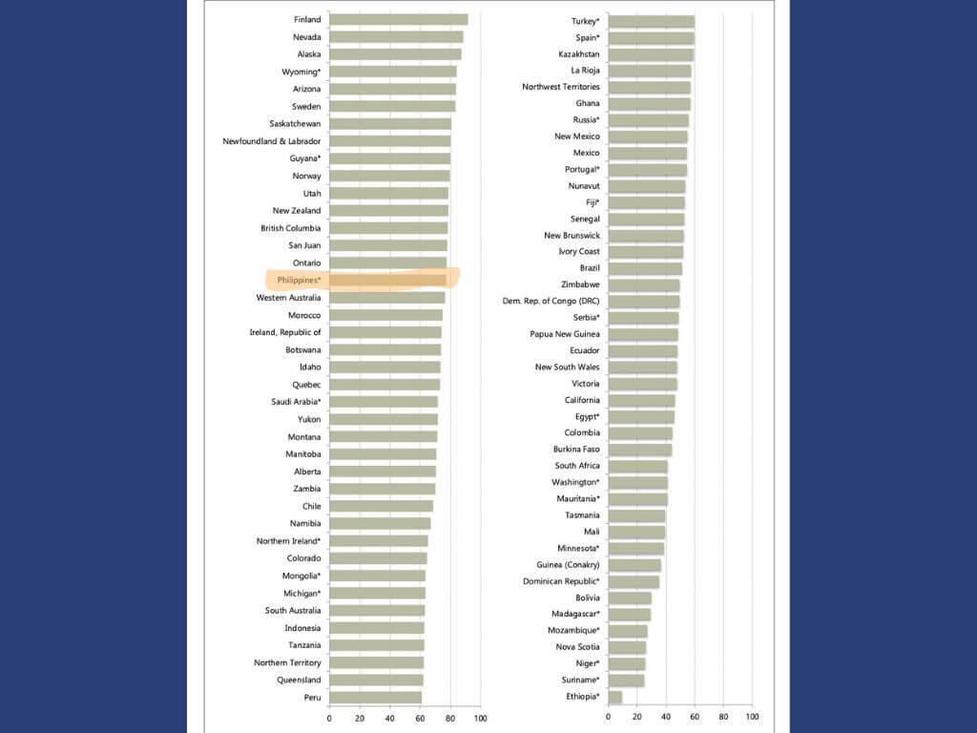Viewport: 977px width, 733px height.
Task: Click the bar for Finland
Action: click(x=398, y=20)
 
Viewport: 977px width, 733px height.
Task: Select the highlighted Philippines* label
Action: click(x=299, y=280)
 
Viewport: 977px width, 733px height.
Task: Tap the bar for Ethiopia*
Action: click(x=614, y=697)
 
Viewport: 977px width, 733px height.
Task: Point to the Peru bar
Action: click(x=375, y=698)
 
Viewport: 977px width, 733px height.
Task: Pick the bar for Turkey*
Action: click(x=651, y=21)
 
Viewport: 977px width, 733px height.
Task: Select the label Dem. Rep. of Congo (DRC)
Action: click(x=551, y=301)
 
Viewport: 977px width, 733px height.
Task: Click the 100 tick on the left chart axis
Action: click(x=480, y=719)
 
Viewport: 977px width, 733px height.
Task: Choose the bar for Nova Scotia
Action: click(x=627, y=647)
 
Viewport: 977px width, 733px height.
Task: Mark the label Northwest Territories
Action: click(x=560, y=87)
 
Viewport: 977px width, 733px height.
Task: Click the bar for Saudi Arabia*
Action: click(x=383, y=402)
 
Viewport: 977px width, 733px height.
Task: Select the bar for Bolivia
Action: click(x=630, y=597)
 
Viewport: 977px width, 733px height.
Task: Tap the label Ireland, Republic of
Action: click(x=284, y=332)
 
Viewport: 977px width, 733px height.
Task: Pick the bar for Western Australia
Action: click(x=386, y=298)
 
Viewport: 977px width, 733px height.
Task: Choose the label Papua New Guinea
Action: click(x=565, y=334)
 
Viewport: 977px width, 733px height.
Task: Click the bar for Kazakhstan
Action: click(x=650, y=54)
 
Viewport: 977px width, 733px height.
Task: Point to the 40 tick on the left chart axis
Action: click(x=389, y=719)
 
